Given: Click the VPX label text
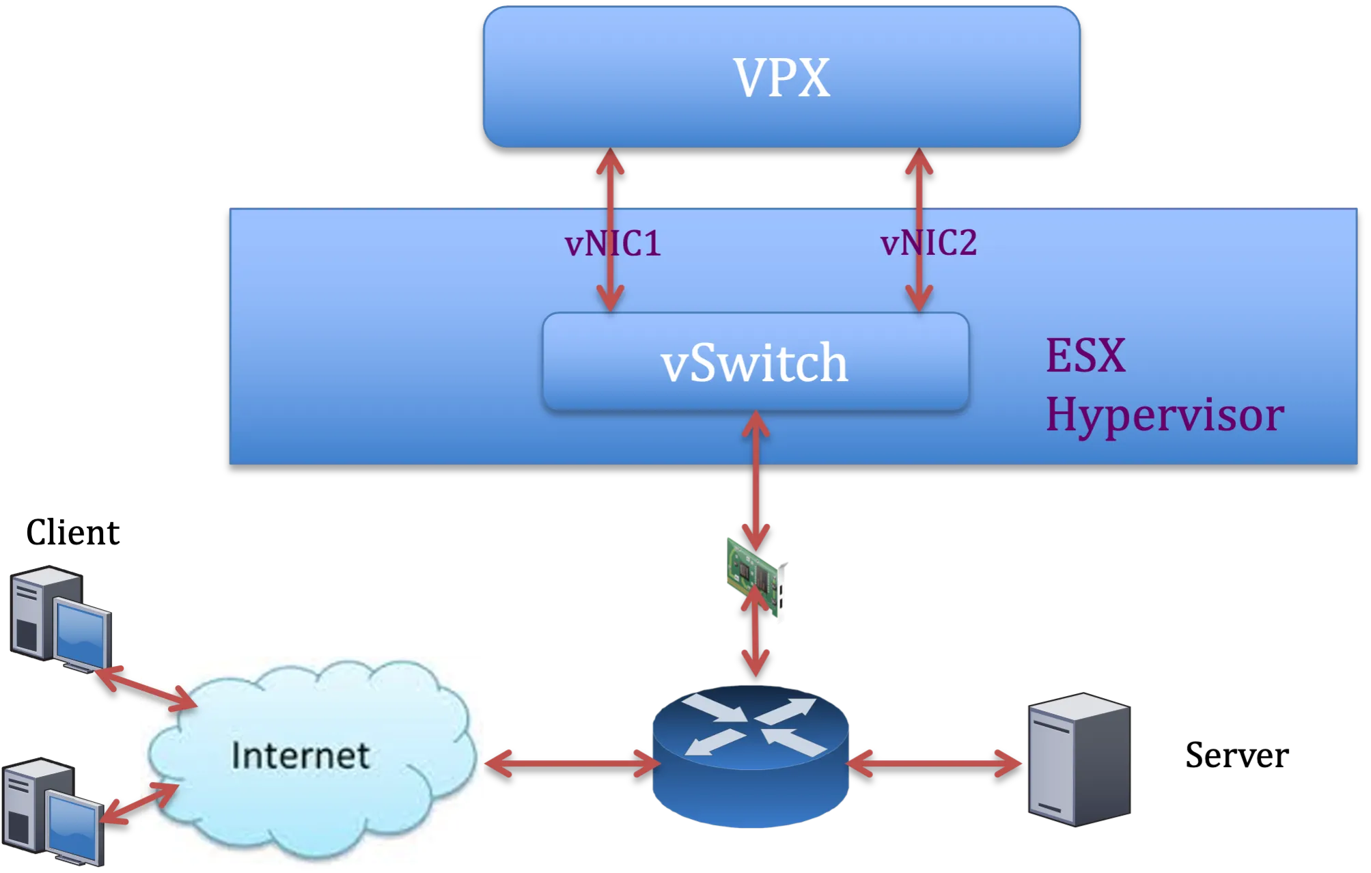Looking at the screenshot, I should click(781, 77).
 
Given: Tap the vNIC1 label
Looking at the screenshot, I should click(613, 244).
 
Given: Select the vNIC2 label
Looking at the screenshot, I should click(928, 243).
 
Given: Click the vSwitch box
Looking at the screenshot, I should click(755, 362).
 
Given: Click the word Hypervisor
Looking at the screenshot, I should click(1165, 415).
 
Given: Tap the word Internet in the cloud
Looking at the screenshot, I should click(301, 756).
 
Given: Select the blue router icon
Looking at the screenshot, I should click(750, 758).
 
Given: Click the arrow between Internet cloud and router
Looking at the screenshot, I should click(571, 763).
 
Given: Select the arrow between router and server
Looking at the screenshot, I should click(935, 763).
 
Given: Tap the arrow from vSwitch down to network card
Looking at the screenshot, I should click(756, 478).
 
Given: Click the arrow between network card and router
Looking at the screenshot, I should click(756, 635).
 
